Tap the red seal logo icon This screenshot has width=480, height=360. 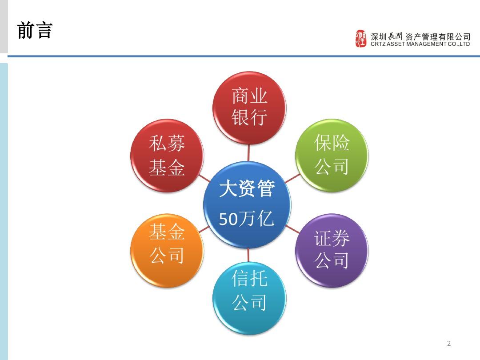click(361, 39)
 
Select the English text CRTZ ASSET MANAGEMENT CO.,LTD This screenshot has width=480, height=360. click(420, 44)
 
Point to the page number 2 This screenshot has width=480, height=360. click(449, 343)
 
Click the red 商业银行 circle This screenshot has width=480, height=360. click(249, 108)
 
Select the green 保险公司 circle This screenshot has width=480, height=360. click(332, 155)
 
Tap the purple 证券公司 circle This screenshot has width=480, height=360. click(332, 250)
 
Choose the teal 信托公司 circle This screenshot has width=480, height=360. click(249, 298)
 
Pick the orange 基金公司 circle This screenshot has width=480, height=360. click(167, 250)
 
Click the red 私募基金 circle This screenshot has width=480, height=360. click(167, 156)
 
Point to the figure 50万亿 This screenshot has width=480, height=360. click(247, 218)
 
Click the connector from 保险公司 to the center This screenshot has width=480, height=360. click(292, 179)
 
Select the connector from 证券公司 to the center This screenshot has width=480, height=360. click(292, 229)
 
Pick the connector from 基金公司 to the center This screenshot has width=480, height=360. click(204, 229)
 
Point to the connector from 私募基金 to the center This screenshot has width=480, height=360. click(204, 178)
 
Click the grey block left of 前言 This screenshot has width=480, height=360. click(4, 27)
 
